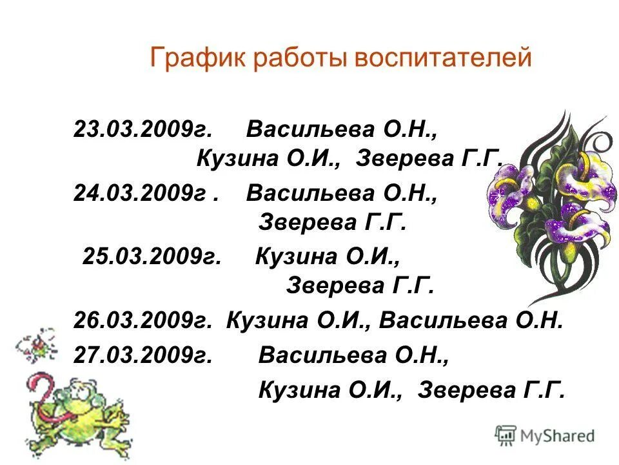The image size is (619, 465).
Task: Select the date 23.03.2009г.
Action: coord(142,129)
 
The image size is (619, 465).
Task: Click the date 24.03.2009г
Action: coord(142,193)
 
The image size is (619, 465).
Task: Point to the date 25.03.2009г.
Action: coord(152,257)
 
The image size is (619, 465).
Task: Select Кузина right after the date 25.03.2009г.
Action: coord(296,257)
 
